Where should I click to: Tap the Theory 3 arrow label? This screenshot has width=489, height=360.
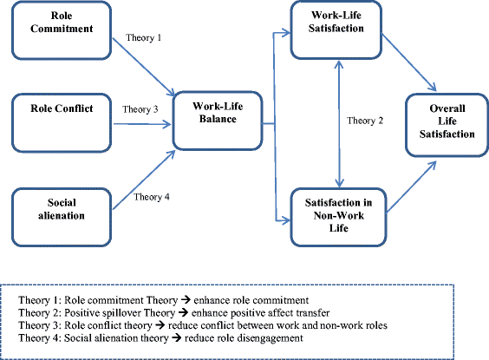tap(140, 110)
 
